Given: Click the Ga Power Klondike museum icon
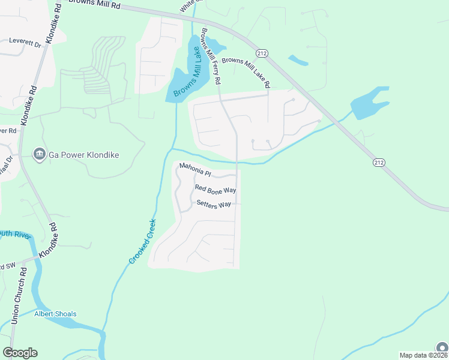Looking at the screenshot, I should coord(40,155).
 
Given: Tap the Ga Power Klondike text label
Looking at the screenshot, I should coord(83,155).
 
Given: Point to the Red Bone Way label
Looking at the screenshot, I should coord(215,190).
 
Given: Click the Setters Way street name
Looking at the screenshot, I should coord(214,204).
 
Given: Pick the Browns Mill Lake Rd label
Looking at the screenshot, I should coord(246,71).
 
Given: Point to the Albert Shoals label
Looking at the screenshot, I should coord(55,314).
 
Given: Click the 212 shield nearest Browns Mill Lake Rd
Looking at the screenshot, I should coord(262,53).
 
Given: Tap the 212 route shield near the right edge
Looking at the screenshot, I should coord(379,163).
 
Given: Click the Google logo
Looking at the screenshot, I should coord(20,353).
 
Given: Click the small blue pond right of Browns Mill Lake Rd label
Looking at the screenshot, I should coord(298,59).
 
